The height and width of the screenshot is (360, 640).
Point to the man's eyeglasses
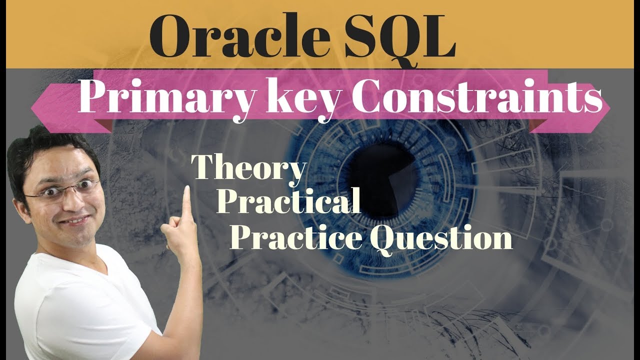(62, 190)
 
